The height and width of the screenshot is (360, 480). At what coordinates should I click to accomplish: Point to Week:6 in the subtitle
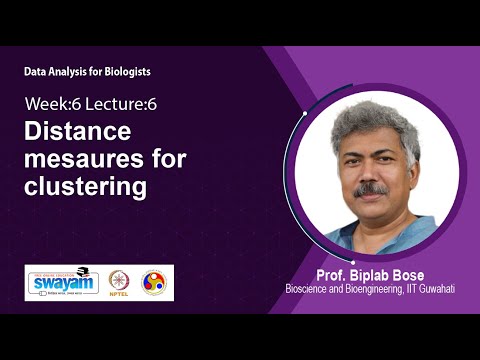(52, 105)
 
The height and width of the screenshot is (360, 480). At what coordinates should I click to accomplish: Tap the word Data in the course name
(36, 72)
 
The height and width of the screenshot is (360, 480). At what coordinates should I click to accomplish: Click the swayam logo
(63, 283)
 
